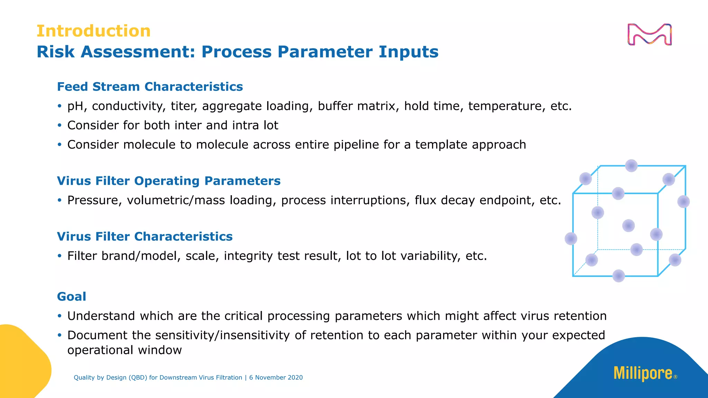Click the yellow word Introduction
93,31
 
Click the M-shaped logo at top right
649,35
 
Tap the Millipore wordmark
643,373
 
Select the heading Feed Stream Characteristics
150,87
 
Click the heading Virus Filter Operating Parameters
168,181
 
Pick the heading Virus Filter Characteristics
145,237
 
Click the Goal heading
71,296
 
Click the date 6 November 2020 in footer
276,378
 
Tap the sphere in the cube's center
628,226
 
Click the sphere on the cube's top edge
631,166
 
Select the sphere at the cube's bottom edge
618,276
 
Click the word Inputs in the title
408,52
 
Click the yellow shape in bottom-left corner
21,363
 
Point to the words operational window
124,350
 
